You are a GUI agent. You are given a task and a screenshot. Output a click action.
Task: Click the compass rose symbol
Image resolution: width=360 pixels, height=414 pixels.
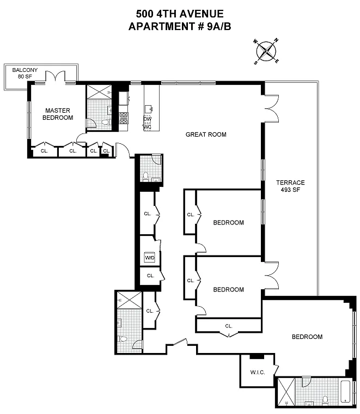[266, 51]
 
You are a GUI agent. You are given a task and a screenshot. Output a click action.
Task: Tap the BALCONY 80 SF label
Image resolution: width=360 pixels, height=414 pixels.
[25, 73]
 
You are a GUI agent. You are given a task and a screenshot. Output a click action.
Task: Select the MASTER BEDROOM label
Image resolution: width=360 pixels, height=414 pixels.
[58, 114]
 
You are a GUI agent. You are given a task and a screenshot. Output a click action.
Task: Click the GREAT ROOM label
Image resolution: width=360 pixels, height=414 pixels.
[206, 135]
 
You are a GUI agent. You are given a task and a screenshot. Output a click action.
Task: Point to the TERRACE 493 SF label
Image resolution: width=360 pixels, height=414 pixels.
[290, 186]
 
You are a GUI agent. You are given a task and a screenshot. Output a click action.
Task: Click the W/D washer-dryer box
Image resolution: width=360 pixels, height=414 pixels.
[150, 258]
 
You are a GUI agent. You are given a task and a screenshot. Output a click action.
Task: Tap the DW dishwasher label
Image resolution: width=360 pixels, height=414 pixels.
[148, 119]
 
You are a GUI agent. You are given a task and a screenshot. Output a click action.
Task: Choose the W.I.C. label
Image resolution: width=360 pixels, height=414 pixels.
[258, 372]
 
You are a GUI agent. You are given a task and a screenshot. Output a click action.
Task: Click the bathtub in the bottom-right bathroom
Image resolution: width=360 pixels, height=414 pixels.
[345, 392]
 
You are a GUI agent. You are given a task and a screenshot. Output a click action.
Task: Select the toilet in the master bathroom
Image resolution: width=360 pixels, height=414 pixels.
[106, 122]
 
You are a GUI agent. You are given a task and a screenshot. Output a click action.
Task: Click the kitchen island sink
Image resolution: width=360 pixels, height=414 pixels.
[149, 109]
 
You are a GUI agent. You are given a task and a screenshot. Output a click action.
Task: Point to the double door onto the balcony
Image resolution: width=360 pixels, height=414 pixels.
[55, 77]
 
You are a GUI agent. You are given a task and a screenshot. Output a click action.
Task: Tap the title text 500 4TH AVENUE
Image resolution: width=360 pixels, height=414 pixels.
[180, 14]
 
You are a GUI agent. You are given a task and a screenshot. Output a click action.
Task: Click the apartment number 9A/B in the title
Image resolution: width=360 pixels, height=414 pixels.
[219, 26]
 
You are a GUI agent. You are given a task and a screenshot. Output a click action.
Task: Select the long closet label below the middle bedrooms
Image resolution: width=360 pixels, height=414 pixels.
[229, 326]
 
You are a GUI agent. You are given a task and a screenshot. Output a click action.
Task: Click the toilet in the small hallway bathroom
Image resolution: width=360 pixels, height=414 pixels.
[145, 177]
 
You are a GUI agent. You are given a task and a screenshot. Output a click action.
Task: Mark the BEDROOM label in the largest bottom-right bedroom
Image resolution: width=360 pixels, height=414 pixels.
[307, 337]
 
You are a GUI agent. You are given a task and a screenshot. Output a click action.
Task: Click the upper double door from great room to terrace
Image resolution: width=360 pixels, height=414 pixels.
[271, 108]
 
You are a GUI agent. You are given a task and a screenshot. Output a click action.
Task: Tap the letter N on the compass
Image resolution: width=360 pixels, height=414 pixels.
[276, 40]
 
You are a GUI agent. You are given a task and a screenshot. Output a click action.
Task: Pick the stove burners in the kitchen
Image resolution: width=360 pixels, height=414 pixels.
[124, 118]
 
